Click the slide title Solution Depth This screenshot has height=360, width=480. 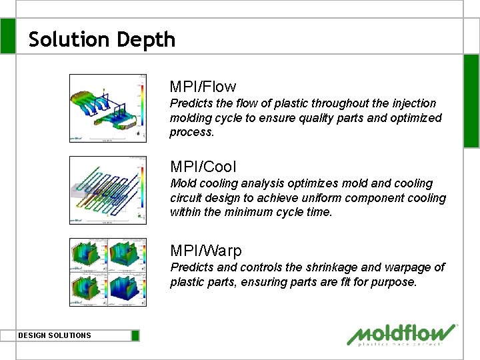pyautogui.click(x=102, y=39)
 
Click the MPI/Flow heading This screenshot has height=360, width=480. pyautogui.click(x=203, y=87)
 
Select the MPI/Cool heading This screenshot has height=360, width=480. pyautogui.click(x=203, y=167)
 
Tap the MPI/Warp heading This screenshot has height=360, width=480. pyautogui.click(x=206, y=251)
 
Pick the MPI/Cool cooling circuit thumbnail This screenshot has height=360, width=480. pyautogui.click(x=109, y=190)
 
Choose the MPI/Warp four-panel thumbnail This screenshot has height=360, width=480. pyautogui.click(x=109, y=272)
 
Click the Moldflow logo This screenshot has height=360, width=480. pyautogui.click(x=403, y=335)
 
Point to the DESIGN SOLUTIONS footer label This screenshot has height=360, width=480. pyautogui.click(x=55, y=335)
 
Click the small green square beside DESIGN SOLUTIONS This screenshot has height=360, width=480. pyautogui.click(x=135, y=335)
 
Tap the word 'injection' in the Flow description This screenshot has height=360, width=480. pyautogui.click(x=413, y=103)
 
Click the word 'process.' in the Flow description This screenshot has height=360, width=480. pyautogui.click(x=192, y=132)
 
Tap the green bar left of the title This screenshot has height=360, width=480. pyautogui.click(x=7, y=36)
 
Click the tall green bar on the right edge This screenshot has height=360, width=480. pyautogui.click(x=471, y=100)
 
